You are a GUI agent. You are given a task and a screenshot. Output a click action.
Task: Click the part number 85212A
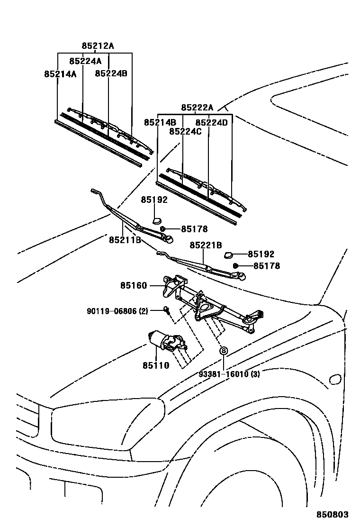(98, 46)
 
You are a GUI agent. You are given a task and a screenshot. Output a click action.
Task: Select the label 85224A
(85, 61)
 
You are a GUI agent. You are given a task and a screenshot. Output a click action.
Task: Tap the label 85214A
(60, 74)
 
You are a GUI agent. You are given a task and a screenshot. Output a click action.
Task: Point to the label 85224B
(111, 73)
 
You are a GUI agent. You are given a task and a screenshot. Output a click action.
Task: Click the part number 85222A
(197, 108)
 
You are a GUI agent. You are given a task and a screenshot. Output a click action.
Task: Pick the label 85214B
(160, 122)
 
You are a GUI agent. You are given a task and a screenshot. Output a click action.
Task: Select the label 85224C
(185, 131)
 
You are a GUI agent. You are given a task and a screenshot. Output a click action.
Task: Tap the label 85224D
(211, 122)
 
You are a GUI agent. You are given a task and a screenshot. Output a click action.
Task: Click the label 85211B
(125, 240)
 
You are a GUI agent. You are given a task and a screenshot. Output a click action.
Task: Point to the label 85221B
(206, 245)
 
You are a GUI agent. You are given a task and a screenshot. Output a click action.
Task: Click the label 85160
(134, 285)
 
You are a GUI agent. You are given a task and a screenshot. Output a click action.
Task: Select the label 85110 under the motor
(155, 365)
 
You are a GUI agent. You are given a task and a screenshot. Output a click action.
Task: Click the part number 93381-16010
(229, 374)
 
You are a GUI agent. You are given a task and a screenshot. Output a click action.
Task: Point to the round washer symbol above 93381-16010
(223, 351)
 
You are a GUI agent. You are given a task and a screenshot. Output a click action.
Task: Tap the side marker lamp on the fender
(334, 379)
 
